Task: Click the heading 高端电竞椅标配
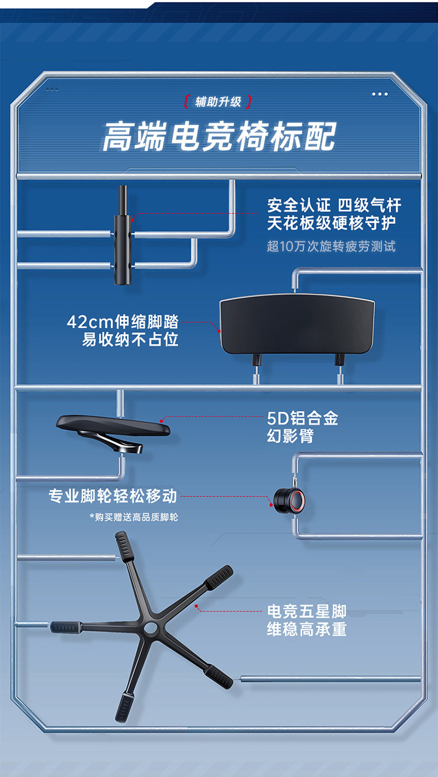[x=219, y=138]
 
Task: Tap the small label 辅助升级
[x=218, y=102]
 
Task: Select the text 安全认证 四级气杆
[x=334, y=206]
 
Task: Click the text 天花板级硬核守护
[x=331, y=224]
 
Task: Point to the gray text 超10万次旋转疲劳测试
[x=331, y=246]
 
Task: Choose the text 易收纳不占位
[x=130, y=340]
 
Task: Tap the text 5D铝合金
[x=303, y=419]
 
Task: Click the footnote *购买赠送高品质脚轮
[x=134, y=517]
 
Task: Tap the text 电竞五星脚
[x=307, y=612]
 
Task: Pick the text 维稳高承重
[x=307, y=630]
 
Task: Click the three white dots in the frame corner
[x=380, y=94]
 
